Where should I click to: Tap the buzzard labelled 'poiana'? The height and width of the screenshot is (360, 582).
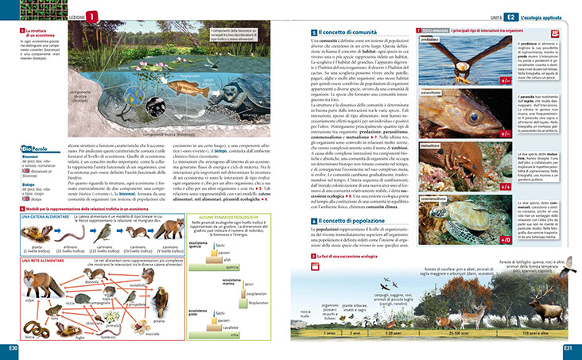pyautogui.click(x=160, y=300)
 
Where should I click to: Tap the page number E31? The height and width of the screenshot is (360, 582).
pyautogui.click(x=569, y=347)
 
